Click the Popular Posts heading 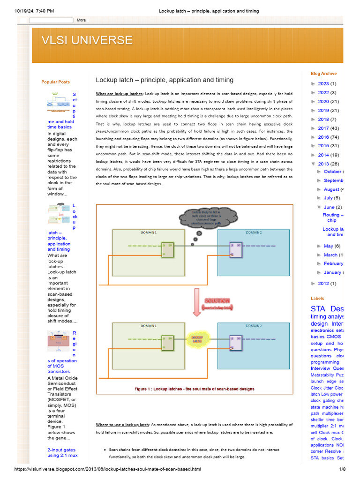coord(55,82)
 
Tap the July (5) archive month coord(331,198)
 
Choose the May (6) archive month coord(332,246)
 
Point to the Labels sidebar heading coord(317,298)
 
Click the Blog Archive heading coord(323,74)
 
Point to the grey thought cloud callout coord(201,217)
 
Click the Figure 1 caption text coord(194,389)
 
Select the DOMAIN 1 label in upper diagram coord(149,232)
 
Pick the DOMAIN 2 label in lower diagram coord(254,325)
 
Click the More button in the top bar coord(82,20)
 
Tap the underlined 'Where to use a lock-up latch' coord(122,425)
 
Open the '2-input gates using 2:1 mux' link coord(62,452)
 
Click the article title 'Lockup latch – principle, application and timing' coord(165,80)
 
